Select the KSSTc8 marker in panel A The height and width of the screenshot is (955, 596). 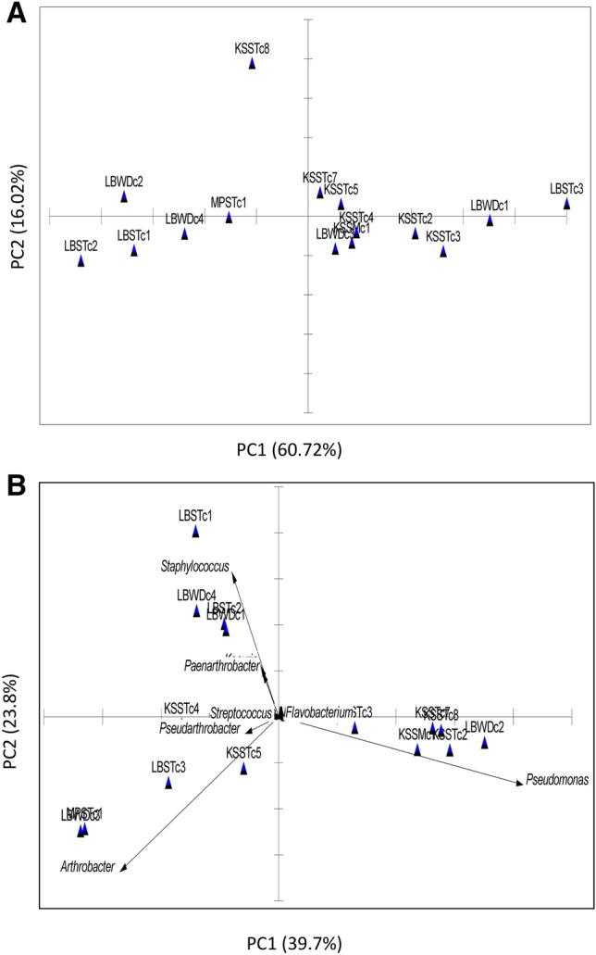coord(252,64)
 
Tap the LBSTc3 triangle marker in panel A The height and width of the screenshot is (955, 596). coord(566,204)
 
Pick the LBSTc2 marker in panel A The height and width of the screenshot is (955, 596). coord(81,261)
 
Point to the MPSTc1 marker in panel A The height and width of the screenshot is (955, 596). coord(230,219)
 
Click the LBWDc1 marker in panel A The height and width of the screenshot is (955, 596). coord(490,220)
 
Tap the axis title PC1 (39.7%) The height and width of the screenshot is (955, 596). coord(293,943)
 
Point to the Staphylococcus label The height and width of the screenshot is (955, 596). coord(192,563)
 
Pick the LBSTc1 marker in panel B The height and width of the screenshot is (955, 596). coord(195,532)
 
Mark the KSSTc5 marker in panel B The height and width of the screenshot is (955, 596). coord(243,768)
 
